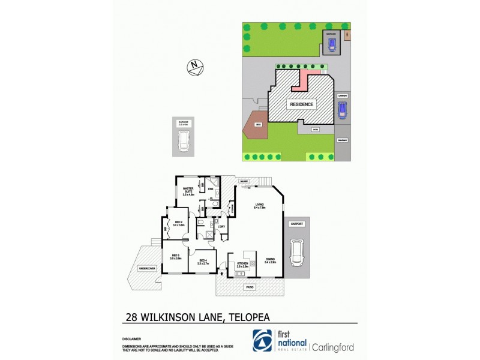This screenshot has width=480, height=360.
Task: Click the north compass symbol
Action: (194, 67)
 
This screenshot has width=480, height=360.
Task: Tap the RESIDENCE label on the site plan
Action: (302, 104)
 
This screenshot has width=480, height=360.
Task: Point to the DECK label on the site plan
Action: (257, 124)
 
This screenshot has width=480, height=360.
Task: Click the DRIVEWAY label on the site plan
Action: (343, 140)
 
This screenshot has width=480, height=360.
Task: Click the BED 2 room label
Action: (178, 223)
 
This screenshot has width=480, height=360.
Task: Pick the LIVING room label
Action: (259, 206)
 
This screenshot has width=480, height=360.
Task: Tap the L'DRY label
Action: (221, 226)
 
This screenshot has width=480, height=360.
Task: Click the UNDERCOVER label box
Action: (147, 268)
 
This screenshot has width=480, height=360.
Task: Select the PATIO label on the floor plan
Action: (249, 287)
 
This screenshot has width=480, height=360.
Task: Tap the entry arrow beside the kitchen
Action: (223, 273)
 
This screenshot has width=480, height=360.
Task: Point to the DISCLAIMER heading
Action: (130, 338)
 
